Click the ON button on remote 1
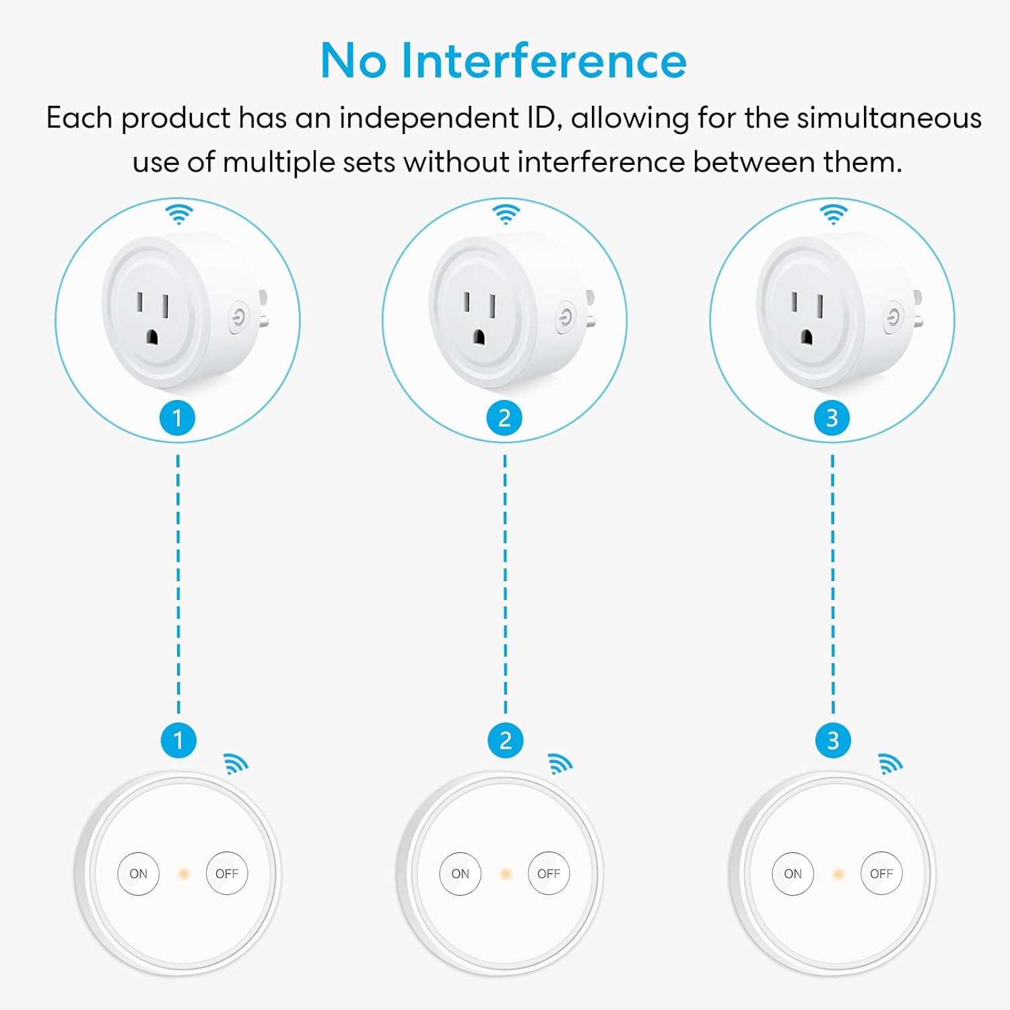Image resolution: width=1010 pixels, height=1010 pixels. click(138, 873)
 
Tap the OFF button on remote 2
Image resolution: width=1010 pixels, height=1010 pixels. click(549, 873)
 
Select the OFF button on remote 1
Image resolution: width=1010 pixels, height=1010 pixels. click(227, 873)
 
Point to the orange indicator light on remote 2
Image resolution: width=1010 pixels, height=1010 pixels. click(506, 874)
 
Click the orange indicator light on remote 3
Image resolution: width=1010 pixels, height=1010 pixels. click(838, 874)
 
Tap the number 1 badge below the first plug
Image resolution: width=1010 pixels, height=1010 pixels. click(177, 418)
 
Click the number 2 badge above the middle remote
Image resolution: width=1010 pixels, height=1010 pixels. click(505, 741)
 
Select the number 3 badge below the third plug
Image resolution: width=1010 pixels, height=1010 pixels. click(832, 418)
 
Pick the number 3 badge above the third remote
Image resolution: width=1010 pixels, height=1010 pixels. click(833, 741)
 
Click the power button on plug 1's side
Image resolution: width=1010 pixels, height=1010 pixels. click(238, 317)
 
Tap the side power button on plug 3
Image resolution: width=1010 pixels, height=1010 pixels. click(894, 317)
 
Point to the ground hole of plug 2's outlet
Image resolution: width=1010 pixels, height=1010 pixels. click(479, 337)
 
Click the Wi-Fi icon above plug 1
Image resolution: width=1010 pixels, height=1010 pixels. click(179, 214)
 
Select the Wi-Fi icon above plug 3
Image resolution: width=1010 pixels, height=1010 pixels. click(834, 214)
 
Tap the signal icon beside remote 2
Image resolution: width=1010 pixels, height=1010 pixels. click(560, 763)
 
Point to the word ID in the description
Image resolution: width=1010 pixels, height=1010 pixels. click(541, 118)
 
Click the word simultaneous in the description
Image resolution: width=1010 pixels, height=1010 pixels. click(889, 118)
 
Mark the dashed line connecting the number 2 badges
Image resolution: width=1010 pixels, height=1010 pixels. click(505, 584)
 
